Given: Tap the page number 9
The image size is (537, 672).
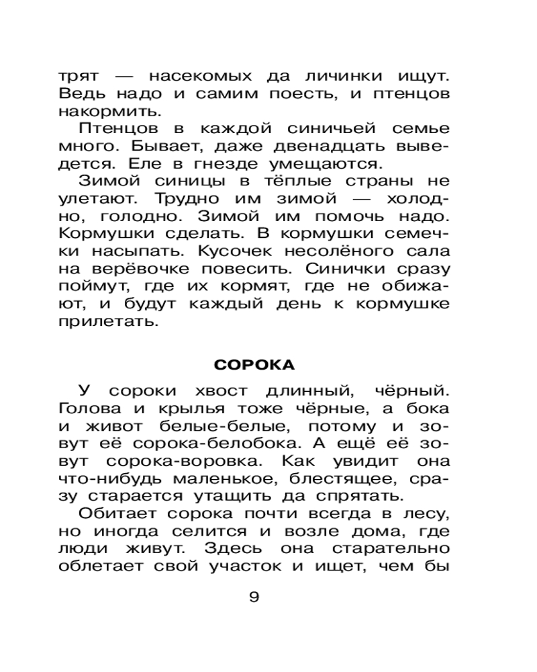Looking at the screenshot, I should coord(254,597).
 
